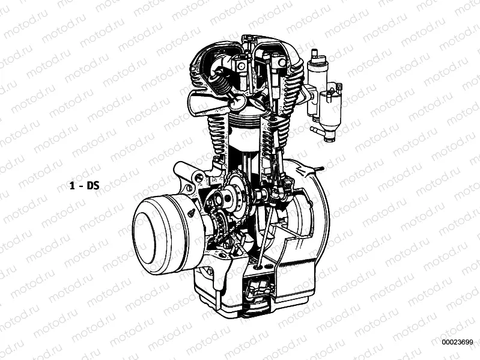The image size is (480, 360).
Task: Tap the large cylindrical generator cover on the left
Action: (162, 228)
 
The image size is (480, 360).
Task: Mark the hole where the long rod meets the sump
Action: (258, 265)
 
